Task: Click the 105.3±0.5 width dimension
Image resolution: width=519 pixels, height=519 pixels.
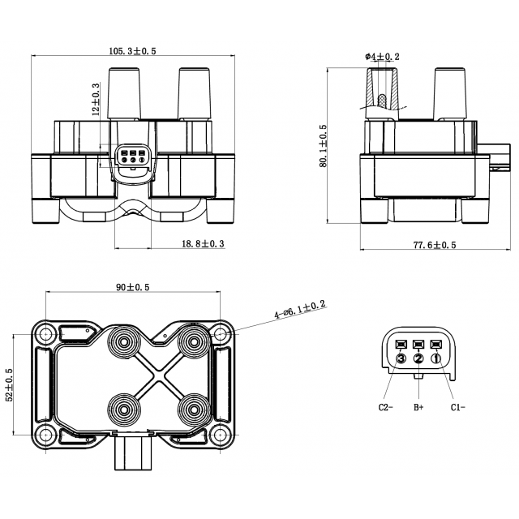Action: [133, 51]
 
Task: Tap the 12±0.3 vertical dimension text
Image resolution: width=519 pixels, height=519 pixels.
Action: [96, 100]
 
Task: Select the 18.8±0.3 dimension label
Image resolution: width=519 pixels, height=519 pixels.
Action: [202, 243]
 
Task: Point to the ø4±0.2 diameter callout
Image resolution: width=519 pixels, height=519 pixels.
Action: [383, 56]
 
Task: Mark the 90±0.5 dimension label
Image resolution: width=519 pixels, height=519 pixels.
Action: [133, 287]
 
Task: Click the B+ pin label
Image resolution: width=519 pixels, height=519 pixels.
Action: [419, 407]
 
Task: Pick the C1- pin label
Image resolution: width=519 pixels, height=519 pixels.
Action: [458, 407]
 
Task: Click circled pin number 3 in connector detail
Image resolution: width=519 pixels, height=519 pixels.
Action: [401, 358]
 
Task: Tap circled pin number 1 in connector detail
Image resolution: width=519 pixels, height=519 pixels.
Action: [436, 358]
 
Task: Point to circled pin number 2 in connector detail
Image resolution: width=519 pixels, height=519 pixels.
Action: [418, 358]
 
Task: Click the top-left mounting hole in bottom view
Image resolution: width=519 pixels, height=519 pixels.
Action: [45, 332]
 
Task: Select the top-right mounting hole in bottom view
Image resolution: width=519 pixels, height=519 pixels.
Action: [221, 332]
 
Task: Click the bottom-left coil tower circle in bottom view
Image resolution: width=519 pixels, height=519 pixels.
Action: [124, 406]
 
